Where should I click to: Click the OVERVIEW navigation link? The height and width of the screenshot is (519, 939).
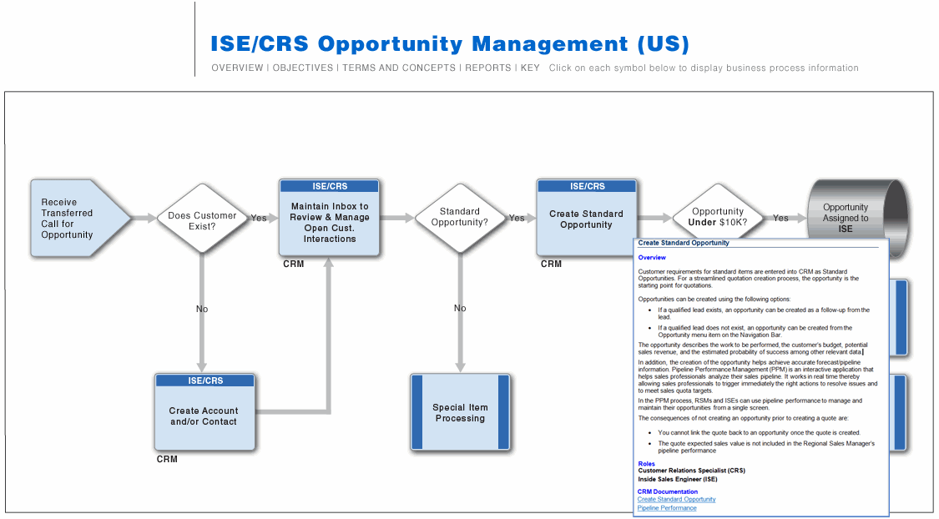[237, 68]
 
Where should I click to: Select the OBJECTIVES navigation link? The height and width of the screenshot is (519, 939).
[303, 68]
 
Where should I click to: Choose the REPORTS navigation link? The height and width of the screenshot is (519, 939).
[488, 68]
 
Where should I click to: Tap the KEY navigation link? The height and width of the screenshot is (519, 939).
[530, 68]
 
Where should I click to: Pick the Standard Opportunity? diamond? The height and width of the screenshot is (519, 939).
[460, 218]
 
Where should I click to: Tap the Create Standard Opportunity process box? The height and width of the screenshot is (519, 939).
[586, 219]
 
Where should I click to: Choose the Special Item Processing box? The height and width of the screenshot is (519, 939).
[460, 412]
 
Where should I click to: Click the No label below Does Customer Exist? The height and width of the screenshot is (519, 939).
[202, 309]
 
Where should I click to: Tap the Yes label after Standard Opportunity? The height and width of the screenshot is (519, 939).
[517, 219]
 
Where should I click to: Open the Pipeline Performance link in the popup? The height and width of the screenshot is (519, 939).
[667, 507]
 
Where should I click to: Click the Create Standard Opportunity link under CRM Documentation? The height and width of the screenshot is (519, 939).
[676, 499]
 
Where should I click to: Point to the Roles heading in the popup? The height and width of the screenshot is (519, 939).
[646, 463]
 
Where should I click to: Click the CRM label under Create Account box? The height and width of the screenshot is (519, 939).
[167, 459]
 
